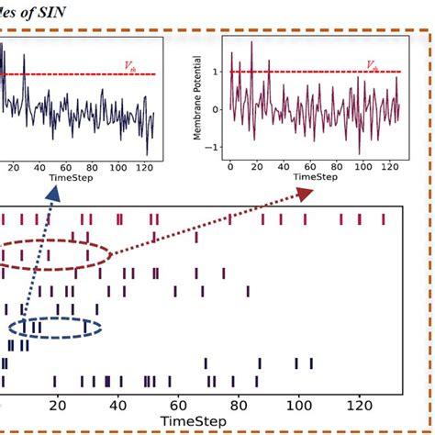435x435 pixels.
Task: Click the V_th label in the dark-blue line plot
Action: coord(129,65)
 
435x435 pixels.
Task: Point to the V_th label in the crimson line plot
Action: coord(372,65)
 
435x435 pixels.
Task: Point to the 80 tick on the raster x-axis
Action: coord(239,404)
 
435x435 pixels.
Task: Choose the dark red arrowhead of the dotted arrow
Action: coord(304,194)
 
